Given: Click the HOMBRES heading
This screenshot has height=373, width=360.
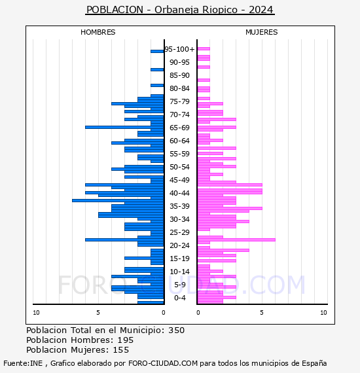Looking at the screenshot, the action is (x=98, y=32).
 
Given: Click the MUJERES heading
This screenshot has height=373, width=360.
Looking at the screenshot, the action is (x=262, y=32).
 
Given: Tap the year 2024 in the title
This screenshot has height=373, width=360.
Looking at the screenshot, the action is (x=261, y=10).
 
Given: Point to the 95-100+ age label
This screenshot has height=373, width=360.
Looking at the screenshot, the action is (x=179, y=49).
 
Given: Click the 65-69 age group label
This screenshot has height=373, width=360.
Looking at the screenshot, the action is (x=179, y=128).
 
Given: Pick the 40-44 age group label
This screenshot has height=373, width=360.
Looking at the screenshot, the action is (x=179, y=193).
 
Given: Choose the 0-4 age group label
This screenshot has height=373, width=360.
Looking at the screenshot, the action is (x=179, y=298).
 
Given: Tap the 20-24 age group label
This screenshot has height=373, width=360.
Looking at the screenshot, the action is (x=179, y=245).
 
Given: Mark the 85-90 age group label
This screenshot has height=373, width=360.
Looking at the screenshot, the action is (x=179, y=75).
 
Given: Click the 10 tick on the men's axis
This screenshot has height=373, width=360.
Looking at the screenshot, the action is (x=36, y=313).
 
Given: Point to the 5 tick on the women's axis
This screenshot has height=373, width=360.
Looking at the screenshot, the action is (x=262, y=313).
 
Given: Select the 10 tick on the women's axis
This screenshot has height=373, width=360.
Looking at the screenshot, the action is (x=323, y=313).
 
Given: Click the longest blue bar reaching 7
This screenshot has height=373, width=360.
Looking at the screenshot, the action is (x=118, y=200).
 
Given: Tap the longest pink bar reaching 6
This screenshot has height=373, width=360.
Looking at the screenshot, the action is (x=236, y=240).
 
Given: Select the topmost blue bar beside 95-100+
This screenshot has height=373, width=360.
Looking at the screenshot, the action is (x=157, y=52).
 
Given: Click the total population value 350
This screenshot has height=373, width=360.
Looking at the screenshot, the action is (x=176, y=330).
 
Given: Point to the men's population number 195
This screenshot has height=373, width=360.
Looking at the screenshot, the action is (x=126, y=340).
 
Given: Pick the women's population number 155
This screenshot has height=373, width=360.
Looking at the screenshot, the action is (x=121, y=350).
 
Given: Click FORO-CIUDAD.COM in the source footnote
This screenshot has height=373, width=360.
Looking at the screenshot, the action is (x=163, y=363).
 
